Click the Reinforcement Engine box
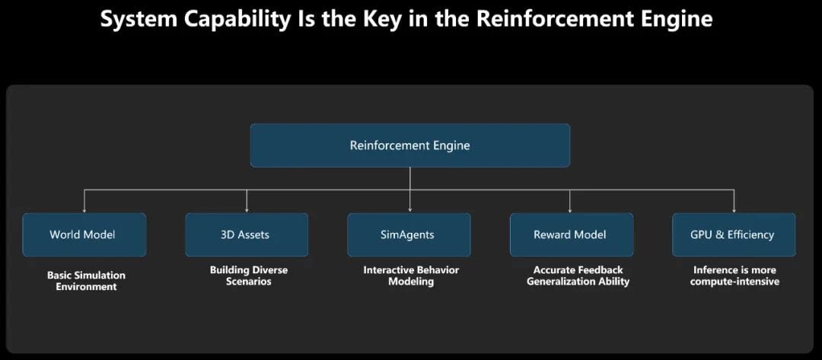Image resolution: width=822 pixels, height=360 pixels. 409,145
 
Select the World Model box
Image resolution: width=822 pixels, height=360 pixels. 84,234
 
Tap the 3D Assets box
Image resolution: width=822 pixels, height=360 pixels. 247,234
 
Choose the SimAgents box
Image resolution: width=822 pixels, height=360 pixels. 409,234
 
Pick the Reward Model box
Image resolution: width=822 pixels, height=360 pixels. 571,234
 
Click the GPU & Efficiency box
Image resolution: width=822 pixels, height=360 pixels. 734,234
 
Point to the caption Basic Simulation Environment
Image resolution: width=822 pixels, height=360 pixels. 86,281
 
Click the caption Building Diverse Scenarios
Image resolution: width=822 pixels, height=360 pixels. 249,276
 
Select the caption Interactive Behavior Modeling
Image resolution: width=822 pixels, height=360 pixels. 411,276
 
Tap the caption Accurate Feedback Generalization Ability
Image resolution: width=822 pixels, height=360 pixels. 578,276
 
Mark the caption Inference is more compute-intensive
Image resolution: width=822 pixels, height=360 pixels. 734,276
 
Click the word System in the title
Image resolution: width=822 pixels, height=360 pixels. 135,19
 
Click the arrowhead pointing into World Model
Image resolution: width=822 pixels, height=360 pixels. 84,209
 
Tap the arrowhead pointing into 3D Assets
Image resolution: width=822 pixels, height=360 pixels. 247,209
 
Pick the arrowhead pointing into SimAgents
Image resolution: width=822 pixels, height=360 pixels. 409,209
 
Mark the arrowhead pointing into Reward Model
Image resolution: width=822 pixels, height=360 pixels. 571,209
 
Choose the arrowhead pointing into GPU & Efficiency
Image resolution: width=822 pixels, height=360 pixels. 734,209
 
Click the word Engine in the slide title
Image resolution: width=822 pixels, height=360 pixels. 672,19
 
